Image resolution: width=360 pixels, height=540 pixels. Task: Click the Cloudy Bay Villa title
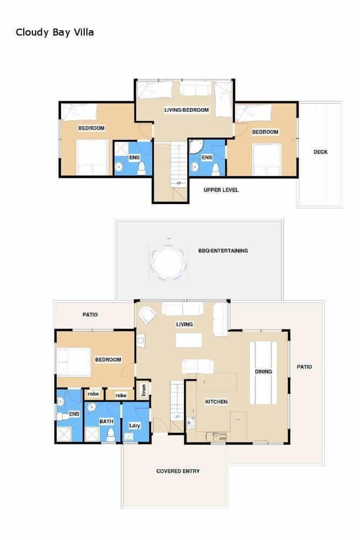tap(55, 32)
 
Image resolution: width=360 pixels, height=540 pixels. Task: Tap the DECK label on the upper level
tap(320, 152)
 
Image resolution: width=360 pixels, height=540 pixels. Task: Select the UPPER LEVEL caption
tap(221, 190)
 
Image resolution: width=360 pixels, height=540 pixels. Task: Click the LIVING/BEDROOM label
tap(186, 110)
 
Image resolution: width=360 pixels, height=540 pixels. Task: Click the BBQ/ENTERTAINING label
tap(223, 251)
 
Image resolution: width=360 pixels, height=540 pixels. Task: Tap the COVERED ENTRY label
tap(178, 471)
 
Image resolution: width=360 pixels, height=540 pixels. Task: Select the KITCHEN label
tap(216, 402)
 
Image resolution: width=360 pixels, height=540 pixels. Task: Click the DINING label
tap(263, 372)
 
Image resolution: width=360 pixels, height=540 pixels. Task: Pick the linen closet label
tap(144, 390)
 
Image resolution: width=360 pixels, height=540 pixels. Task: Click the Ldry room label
tap(134, 425)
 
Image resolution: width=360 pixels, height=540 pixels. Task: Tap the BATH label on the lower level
tap(106, 421)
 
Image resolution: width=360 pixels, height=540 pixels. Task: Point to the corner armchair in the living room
tap(147, 315)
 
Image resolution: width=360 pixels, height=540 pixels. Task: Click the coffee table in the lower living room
tap(189, 340)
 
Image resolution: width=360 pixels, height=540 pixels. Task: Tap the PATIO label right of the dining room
tap(304, 367)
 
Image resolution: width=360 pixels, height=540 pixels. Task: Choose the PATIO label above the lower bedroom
tap(90, 314)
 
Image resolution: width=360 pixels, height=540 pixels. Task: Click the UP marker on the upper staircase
tap(179, 183)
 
